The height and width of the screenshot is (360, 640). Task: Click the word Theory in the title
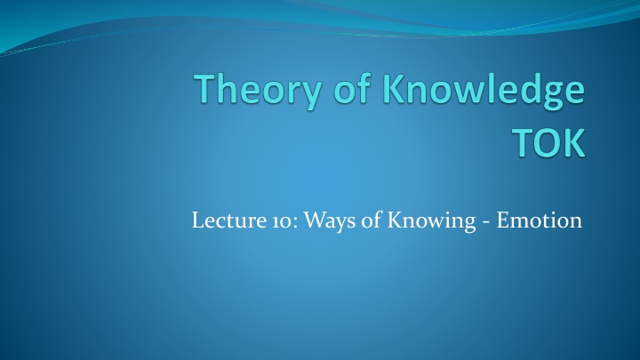(258, 91)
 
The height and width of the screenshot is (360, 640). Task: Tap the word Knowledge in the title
(484, 91)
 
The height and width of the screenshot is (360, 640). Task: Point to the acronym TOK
(548, 142)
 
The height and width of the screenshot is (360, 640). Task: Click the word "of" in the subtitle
(371, 220)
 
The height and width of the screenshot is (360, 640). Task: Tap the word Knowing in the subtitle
(431, 220)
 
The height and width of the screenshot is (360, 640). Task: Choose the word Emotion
(540, 220)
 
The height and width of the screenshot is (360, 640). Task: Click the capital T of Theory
(207, 88)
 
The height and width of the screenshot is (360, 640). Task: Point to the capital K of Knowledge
(395, 88)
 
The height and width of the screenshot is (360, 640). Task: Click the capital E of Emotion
(503, 220)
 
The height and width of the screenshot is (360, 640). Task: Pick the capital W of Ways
(316, 220)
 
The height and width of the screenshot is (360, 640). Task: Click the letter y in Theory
(310, 95)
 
